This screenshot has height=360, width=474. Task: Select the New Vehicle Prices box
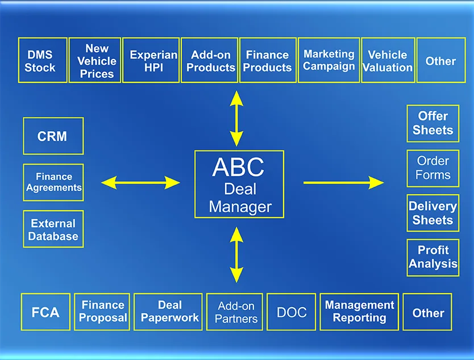[x=97, y=60]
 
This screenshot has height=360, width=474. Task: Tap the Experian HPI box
[x=151, y=60]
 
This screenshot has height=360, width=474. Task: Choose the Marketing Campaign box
[x=329, y=60]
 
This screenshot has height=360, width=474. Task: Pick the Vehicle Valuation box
[x=388, y=60]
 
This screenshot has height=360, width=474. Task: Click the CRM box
[x=53, y=136]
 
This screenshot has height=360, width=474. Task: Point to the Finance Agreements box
[x=53, y=182]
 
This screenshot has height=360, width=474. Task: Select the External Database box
[x=53, y=229]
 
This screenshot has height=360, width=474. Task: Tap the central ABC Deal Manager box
[x=239, y=184]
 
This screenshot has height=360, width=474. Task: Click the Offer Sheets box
[x=433, y=123]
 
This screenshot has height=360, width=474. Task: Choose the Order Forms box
[x=433, y=168]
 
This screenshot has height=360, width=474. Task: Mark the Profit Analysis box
[x=433, y=257]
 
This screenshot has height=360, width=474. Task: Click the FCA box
[x=45, y=312]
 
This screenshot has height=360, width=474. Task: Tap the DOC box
[x=292, y=312]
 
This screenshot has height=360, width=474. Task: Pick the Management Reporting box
[x=359, y=312]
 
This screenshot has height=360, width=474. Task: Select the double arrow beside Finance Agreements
[x=140, y=182]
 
